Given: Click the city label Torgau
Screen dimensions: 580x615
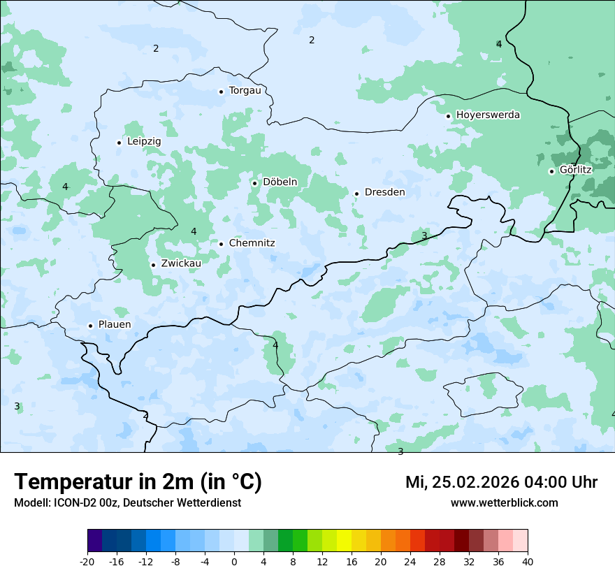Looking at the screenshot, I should pos(245,91).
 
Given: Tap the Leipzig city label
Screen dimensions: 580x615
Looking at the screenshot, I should pos(144,142).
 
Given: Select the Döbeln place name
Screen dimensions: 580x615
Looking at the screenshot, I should pos(280,182).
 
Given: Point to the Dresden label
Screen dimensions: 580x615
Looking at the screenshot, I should pos(384,192).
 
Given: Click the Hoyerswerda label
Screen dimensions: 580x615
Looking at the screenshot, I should pos(488,115).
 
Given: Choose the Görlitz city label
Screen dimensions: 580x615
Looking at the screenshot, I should pos(575,170).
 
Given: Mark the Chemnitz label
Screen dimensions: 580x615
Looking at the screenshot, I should pos(252,244).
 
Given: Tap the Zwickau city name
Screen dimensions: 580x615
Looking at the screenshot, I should pos(181,264).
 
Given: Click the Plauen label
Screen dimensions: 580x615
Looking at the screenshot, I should pos(114,325).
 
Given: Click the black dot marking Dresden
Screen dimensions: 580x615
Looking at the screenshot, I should pos(356,194).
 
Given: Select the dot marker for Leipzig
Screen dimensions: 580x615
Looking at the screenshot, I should pos(119,143).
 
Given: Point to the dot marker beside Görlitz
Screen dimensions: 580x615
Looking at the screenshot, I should pos(551,171).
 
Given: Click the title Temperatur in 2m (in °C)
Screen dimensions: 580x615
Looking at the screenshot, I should pos(138,482).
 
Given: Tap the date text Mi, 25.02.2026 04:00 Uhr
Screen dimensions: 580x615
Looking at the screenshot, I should pos(501,482).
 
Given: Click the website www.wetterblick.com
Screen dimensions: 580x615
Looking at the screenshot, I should pos(504,503).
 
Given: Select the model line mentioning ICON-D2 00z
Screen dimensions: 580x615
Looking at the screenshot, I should pos(127,503).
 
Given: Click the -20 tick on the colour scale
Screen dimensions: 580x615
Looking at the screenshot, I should pos(87,562).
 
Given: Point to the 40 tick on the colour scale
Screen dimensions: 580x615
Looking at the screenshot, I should pos(528,562).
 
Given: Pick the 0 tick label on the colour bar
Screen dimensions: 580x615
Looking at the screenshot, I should pos(234,562).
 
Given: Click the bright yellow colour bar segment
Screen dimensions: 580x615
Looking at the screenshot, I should pos(344,541).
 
